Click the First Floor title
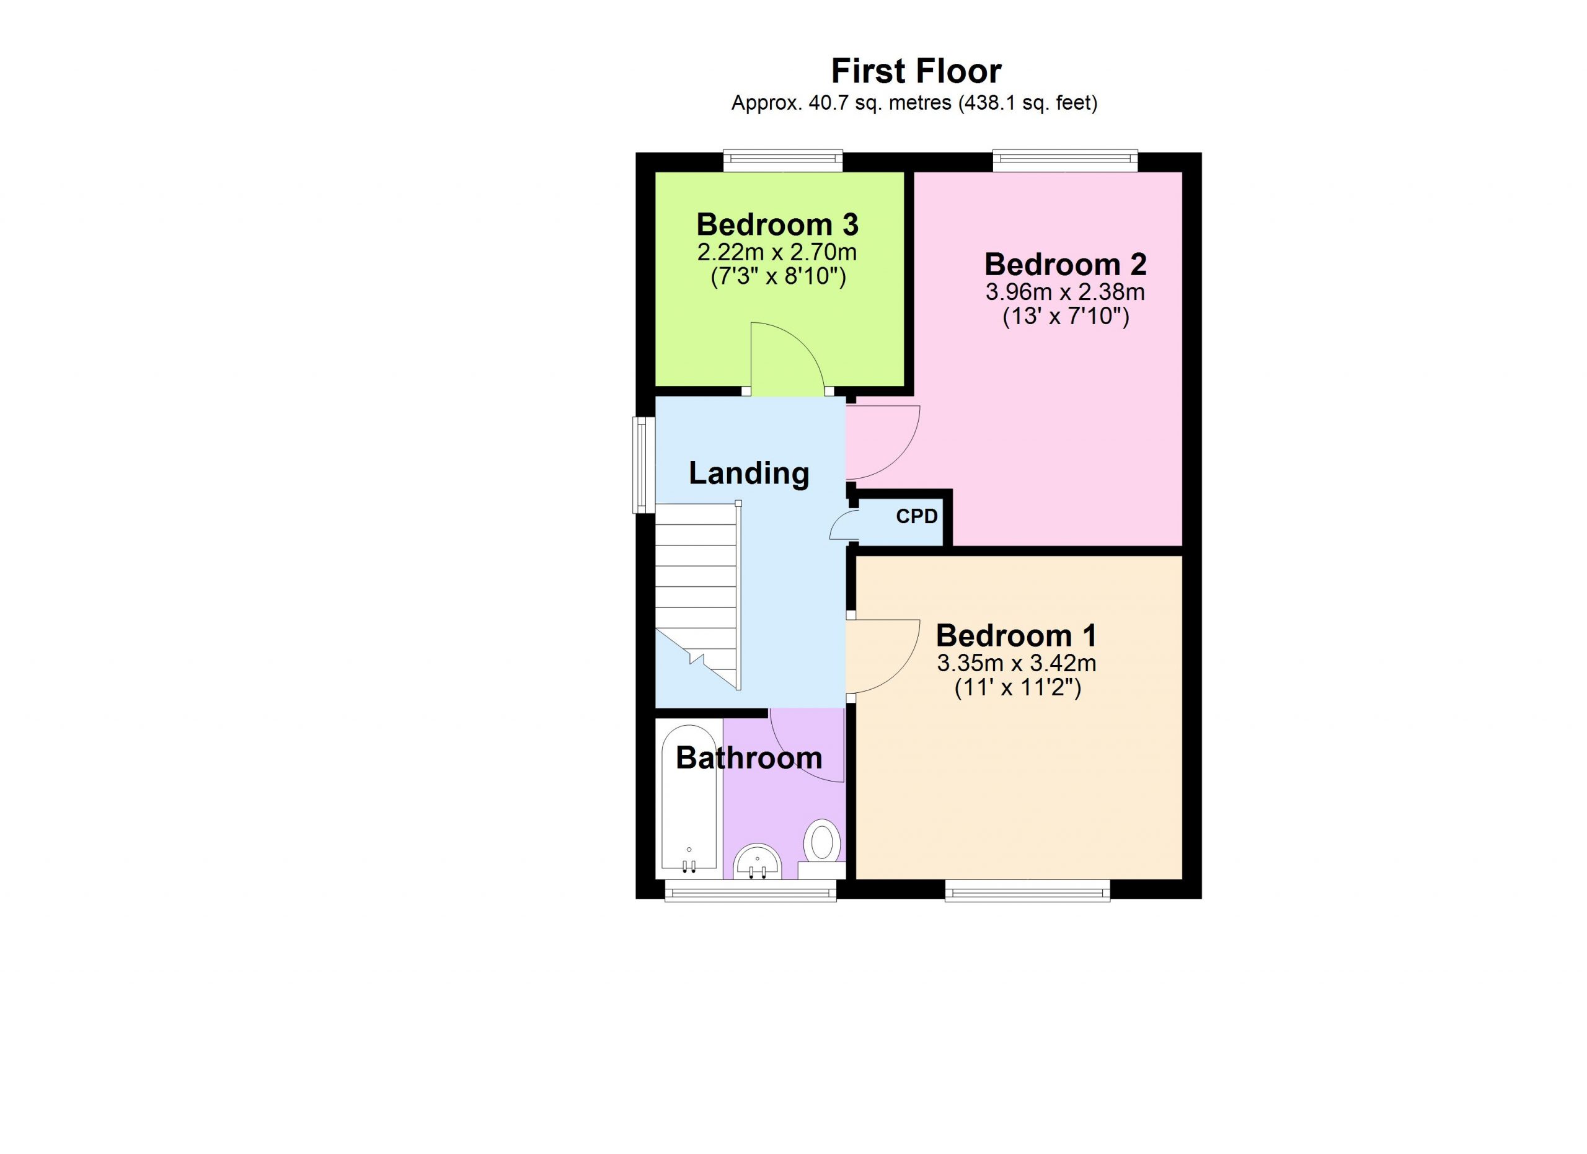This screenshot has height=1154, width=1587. pos(916,71)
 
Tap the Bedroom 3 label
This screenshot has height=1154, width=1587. pos(777,224)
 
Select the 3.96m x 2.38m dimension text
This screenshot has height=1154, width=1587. pos(1065,292)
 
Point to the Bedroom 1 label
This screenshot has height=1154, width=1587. pos(1016,636)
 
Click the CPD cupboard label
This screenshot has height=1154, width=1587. pos(917,516)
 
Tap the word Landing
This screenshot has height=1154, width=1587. pos(749,474)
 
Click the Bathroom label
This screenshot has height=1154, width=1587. pos(749,759)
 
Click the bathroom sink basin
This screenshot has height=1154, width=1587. pos(757,861)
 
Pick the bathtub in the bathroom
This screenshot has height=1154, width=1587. pos(689,802)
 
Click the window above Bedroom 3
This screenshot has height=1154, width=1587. pos(783,162)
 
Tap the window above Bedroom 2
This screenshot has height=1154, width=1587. pos(1065,162)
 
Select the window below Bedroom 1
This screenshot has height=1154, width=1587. pos(1027,891)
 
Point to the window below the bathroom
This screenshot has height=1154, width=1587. pos(750,891)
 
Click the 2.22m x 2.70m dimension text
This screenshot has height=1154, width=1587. pos(777,252)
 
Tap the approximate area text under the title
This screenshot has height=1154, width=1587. pos(914,104)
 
